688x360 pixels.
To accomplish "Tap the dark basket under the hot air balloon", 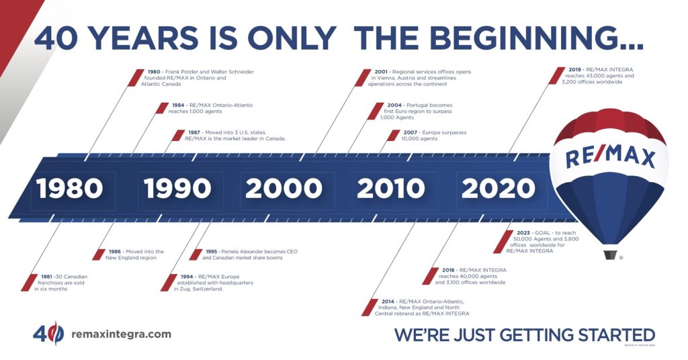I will coord(610,255).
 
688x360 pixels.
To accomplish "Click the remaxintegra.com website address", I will coord(120,334).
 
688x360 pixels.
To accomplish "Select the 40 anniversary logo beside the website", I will coord(48,333).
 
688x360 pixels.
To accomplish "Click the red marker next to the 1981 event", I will coord(25,282).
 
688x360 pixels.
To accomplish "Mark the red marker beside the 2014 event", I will coord(369,307).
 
